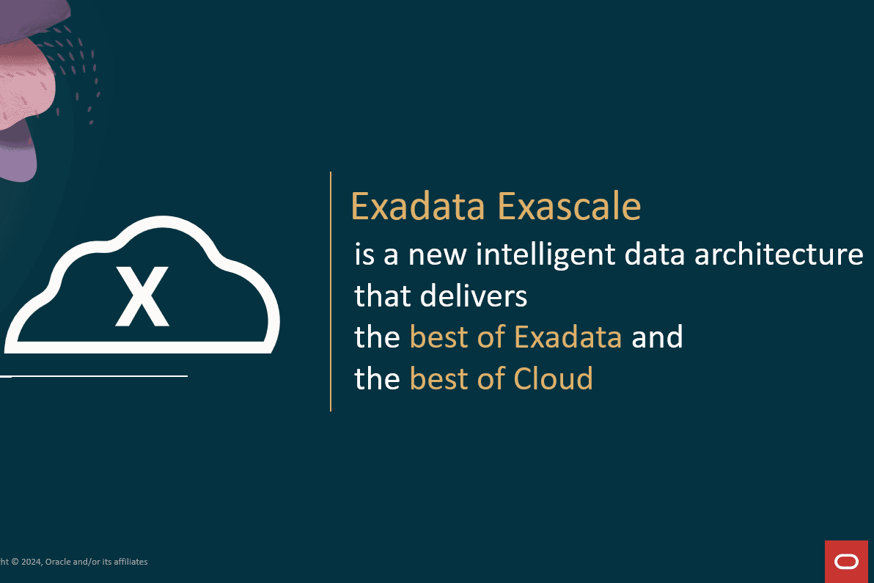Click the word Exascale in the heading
point(569,207)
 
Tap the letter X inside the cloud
point(142,296)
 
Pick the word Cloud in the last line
point(553,378)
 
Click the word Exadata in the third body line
point(568,337)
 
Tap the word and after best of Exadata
point(657,337)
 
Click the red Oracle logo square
point(845,562)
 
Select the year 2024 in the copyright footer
point(30,562)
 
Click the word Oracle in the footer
point(57,562)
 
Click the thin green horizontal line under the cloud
point(95,376)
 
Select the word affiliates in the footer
point(128,562)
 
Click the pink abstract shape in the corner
point(33,73)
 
